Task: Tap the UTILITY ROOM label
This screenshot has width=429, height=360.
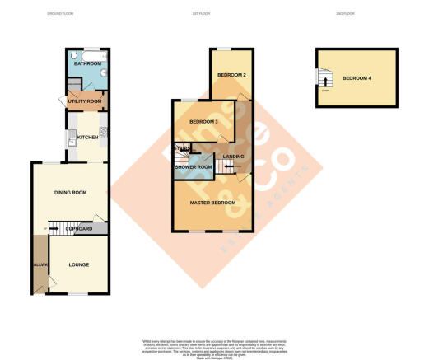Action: [85, 101]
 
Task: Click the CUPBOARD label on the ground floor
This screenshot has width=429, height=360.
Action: [79, 228]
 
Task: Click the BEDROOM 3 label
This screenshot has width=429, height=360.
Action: [203, 122]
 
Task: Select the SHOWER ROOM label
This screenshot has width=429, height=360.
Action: [194, 167]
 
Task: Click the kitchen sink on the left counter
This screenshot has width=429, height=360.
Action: [72, 135]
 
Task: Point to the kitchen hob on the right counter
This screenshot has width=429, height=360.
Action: [103, 133]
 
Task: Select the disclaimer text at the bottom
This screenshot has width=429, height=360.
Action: [214, 347]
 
